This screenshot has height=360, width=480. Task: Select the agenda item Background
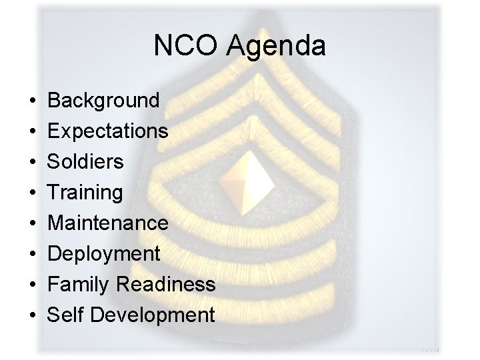[104, 101]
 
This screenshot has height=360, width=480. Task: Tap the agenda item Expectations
[108, 131]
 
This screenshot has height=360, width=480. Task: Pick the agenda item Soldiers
[86, 162]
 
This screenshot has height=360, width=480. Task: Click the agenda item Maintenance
[108, 223]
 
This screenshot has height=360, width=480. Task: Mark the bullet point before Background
[33, 101]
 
